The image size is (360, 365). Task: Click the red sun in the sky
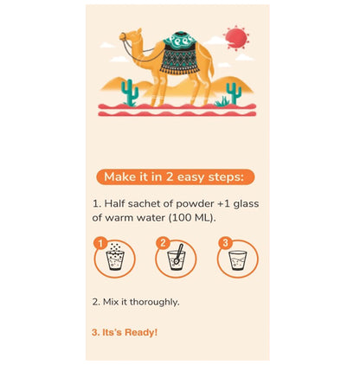pos(236,38)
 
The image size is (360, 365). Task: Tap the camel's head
pos(130,36)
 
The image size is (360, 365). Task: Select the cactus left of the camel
pos(129,93)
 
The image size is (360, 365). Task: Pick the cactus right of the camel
pos(234,93)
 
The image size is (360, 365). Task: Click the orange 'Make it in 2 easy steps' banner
pos(175,176)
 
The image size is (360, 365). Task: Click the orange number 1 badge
pos(100,244)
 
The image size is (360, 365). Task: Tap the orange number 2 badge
pos(163,243)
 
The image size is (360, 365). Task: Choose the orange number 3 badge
pos(225,243)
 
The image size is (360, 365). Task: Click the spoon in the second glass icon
pos(178,253)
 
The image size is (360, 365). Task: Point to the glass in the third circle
pos(238,260)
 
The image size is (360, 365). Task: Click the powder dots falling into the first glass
pos(116,247)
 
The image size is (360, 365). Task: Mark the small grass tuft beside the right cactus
pos(222,101)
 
